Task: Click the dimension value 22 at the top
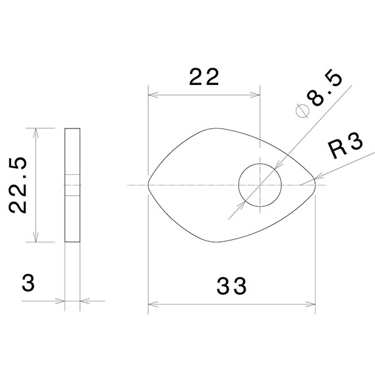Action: click(x=204, y=77)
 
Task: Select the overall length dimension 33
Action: click(x=232, y=287)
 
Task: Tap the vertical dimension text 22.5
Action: click(x=19, y=186)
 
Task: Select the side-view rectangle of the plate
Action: click(x=72, y=185)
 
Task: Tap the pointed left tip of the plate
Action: click(x=149, y=185)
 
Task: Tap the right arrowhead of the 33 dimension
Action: click(x=312, y=305)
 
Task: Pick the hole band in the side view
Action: click(x=72, y=185)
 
